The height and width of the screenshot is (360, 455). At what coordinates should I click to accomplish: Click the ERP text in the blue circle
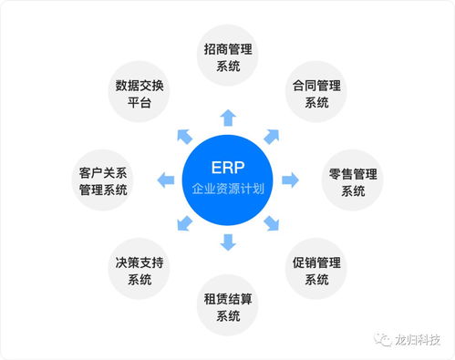tap(228, 170)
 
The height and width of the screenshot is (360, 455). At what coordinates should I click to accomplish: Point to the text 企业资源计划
tap(228, 192)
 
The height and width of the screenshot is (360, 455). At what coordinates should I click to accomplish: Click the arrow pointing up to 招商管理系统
tap(228, 118)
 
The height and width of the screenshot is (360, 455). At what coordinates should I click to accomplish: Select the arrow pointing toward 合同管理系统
tap(271, 137)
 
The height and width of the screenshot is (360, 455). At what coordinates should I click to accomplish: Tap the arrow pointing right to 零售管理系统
tap(290, 180)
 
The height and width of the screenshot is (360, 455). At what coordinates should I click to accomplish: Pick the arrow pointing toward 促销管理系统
tap(272, 224)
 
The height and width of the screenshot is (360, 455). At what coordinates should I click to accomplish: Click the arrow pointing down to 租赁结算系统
tap(228, 242)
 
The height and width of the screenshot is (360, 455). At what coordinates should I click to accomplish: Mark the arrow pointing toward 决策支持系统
tap(184, 224)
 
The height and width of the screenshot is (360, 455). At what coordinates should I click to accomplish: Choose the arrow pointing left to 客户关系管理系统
tap(166, 180)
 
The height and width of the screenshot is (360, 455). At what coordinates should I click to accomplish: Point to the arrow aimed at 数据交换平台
tap(184, 137)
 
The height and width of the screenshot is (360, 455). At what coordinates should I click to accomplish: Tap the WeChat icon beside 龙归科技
tap(379, 339)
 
